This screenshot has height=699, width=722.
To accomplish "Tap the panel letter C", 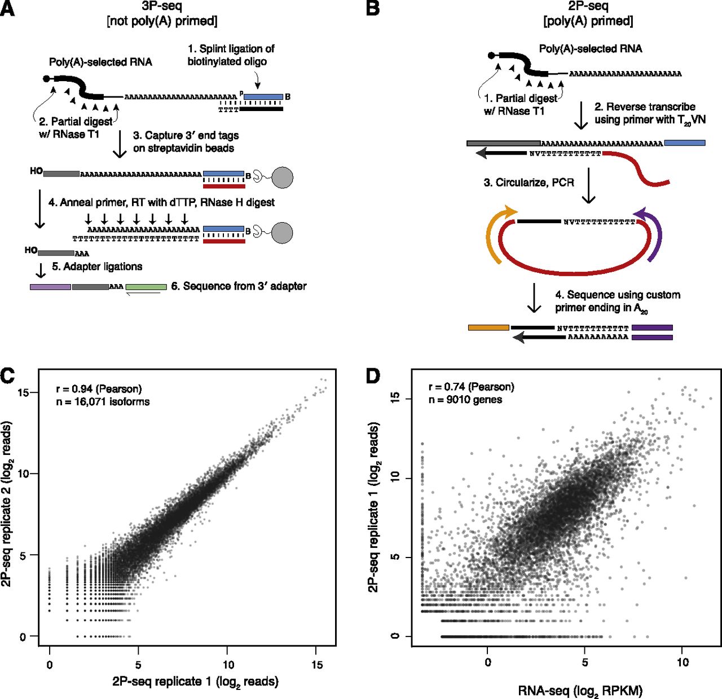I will point(7,375).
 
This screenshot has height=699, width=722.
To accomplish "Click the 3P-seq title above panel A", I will point(161,7).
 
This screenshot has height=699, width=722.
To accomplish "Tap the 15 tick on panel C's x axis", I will point(317,665).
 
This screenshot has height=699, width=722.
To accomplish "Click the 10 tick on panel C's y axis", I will point(23,474).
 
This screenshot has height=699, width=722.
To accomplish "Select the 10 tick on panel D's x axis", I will point(683,662).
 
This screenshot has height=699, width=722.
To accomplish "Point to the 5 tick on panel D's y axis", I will point(395,557).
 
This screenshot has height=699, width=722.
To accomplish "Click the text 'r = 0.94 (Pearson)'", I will point(99,389).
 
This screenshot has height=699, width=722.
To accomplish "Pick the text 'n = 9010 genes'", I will point(465,400).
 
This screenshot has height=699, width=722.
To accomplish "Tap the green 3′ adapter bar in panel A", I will point(146,287).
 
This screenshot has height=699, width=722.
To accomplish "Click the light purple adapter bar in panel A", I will point(50,287).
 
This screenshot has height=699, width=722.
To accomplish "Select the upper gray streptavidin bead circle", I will point(283,178).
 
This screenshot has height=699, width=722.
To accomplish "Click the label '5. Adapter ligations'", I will point(97,267).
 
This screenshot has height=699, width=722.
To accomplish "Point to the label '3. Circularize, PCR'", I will point(529,183).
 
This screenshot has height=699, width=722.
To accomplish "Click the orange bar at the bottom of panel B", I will point(488,327).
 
